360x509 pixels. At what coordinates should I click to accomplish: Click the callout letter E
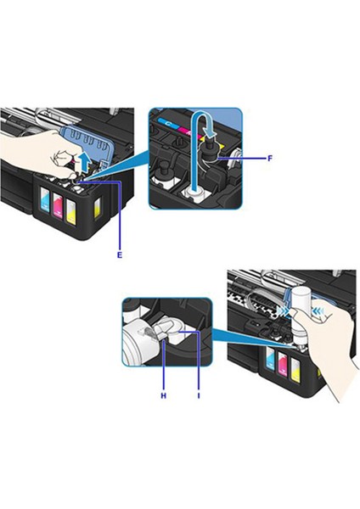(x=121, y=254)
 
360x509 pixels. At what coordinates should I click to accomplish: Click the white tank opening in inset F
(x=195, y=193)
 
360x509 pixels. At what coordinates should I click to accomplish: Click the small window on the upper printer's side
(x=100, y=205)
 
